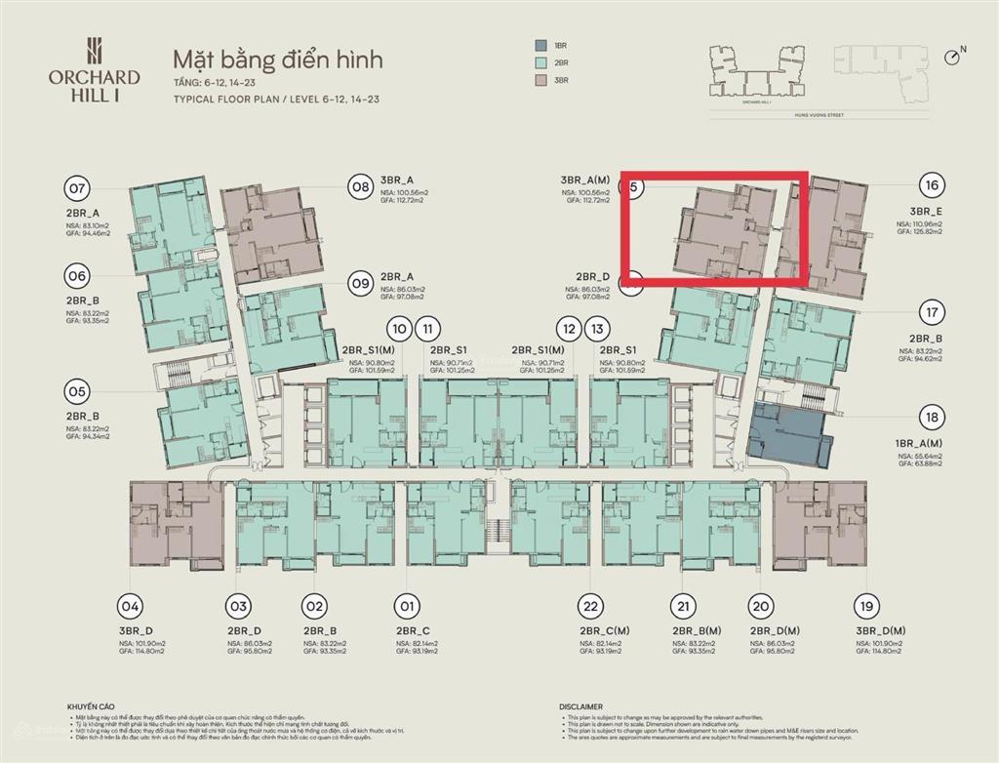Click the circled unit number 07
point(77,188)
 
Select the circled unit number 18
point(933,418)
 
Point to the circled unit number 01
point(407,606)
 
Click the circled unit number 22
point(588,606)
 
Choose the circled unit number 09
point(361,284)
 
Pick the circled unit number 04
point(131,606)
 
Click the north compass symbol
point(953,57)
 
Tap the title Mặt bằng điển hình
point(277,60)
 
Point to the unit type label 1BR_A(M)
point(919,442)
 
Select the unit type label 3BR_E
point(926,211)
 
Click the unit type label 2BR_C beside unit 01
point(414,630)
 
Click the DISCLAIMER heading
point(581,706)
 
